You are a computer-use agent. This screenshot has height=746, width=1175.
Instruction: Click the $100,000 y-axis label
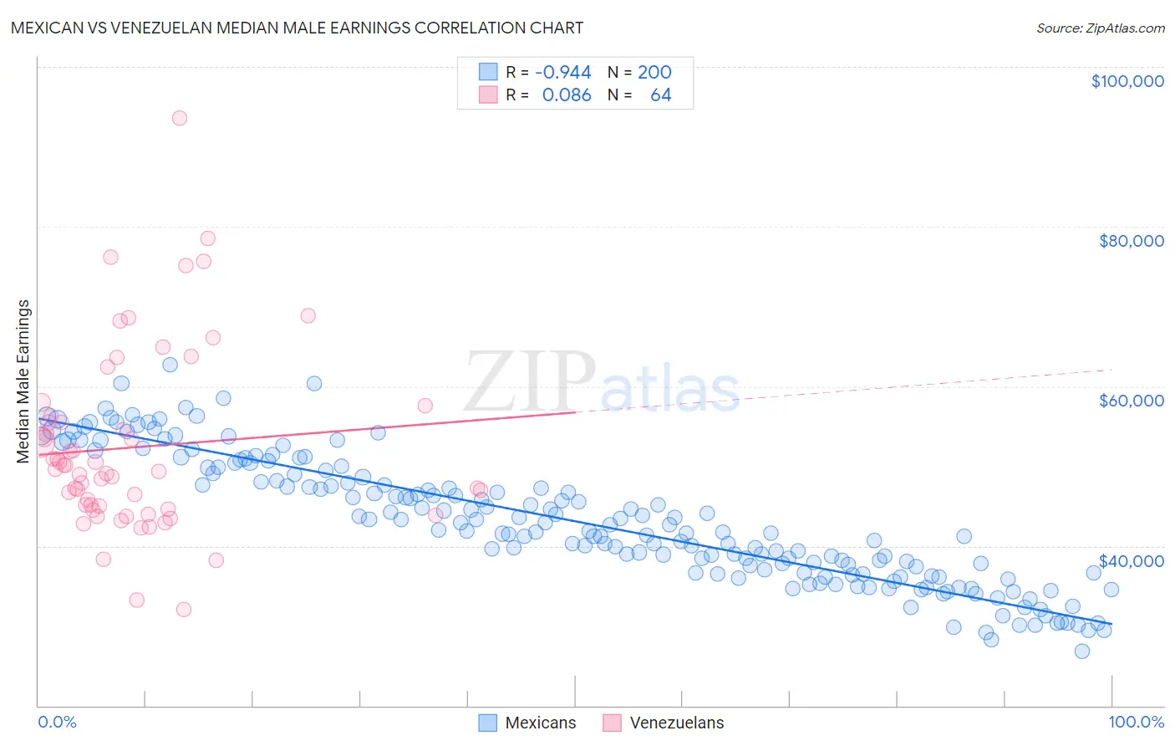pyautogui.click(x=1127, y=81)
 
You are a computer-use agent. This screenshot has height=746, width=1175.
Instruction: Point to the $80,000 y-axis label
pyautogui.click(x=1131, y=241)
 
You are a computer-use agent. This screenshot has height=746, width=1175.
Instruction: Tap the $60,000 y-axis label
pyautogui.click(x=1131, y=401)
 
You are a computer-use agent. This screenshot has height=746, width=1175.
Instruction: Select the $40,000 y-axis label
pyautogui.click(x=1131, y=560)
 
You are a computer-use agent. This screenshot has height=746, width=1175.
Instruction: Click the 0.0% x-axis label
pyautogui.click(x=57, y=722)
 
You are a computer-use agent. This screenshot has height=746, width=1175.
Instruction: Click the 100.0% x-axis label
pyautogui.click(x=1136, y=722)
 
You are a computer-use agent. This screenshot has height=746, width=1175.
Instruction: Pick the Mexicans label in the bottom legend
pyautogui.click(x=541, y=723)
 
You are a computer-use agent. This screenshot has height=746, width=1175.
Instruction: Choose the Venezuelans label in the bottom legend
pyautogui.click(x=677, y=723)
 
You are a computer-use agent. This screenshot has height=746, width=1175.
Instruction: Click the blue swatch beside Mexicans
pyautogui.click(x=488, y=723)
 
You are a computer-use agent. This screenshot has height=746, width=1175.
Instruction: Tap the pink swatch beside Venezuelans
pyautogui.click(x=613, y=723)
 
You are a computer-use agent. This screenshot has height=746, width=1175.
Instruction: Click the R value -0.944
pyautogui.click(x=562, y=72)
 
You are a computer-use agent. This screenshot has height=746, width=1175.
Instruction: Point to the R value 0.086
pyautogui.click(x=567, y=95)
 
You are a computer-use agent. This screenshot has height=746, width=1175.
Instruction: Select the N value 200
pyautogui.click(x=654, y=72)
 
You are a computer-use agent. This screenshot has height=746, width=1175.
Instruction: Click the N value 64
pyautogui.click(x=660, y=95)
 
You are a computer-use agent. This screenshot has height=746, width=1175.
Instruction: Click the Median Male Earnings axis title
pyautogui.click(x=23, y=381)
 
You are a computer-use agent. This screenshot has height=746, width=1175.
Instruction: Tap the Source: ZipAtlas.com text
pyautogui.click(x=1100, y=28)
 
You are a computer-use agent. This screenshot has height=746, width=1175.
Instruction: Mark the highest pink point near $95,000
pyautogui.click(x=180, y=118)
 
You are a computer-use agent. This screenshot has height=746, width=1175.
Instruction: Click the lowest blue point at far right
pyautogui.click(x=1082, y=651)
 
